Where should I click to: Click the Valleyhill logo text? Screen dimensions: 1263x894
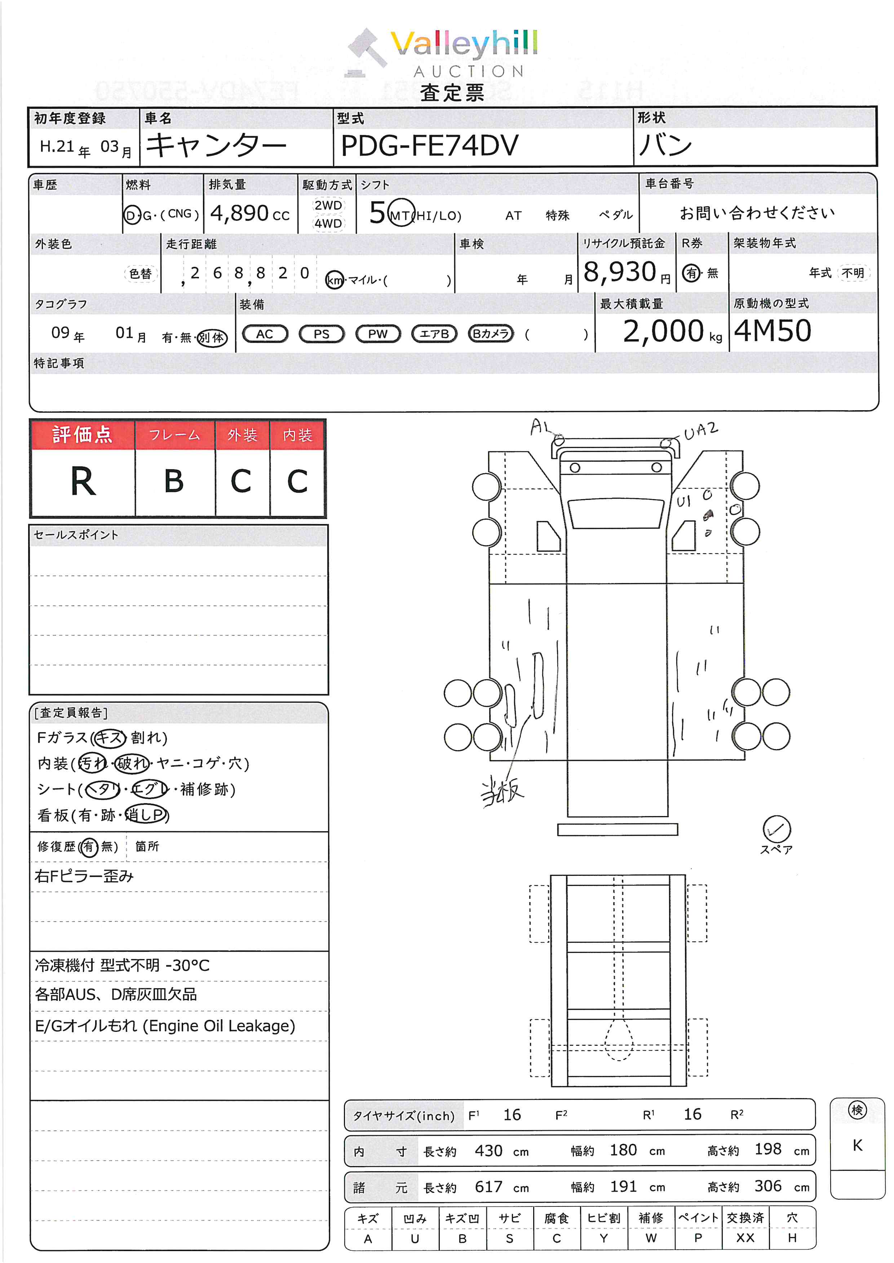464,44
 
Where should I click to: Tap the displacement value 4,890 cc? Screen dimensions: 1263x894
249,214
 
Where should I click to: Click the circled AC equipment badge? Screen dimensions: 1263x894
265,334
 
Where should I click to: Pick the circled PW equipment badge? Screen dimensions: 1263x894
378,334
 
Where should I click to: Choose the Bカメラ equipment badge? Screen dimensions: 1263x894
491,334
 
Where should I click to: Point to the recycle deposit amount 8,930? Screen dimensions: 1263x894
620,272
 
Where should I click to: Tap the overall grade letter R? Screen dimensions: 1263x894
83,482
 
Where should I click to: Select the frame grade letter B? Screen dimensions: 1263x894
174,482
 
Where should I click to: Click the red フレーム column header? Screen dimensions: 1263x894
174,435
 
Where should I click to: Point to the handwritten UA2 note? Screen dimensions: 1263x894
701,431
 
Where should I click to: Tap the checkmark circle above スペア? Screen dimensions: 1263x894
776,828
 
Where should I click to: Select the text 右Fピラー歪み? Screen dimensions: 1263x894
84,876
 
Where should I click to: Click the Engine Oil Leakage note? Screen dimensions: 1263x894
165,1026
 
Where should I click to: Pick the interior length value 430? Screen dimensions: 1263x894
488,1151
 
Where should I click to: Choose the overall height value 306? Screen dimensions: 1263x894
767,1186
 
